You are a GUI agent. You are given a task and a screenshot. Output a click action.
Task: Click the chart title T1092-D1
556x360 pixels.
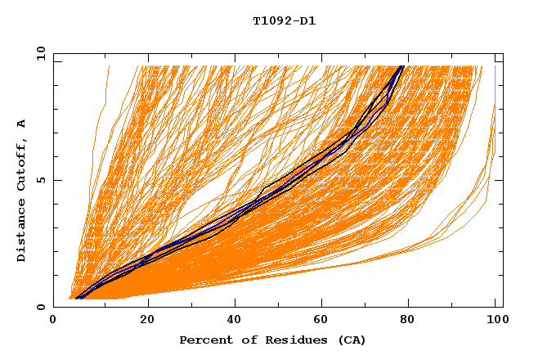284,21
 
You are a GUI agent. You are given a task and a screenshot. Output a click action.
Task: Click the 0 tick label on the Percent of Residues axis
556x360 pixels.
53,322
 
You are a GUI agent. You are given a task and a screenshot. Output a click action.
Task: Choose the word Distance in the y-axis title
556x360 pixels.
22,230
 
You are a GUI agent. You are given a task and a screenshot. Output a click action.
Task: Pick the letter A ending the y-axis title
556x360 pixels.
22,123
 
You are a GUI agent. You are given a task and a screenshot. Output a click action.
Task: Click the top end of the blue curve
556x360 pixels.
401,67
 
